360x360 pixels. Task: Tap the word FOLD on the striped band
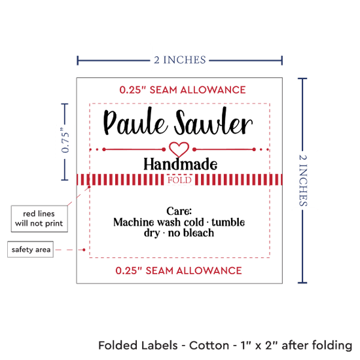click(179, 180)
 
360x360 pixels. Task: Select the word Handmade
click(181, 164)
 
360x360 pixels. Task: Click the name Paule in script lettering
click(135, 122)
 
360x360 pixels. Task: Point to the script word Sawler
click(213, 122)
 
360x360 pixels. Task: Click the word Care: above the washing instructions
click(179, 211)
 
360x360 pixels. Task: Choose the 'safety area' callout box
click(31, 249)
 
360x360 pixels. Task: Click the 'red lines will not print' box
click(39, 219)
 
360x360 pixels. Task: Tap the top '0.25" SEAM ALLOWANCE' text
click(183, 90)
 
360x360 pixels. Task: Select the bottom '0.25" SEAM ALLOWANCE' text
click(179, 270)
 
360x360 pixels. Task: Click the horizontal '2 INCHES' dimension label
click(180, 60)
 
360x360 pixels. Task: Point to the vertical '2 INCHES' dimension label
click(303, 180)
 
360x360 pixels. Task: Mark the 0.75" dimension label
click(65, 140)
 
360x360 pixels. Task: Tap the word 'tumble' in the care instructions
click(228, 222)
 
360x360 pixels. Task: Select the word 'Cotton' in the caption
click(209, 345)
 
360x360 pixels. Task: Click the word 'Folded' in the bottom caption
click(137, 345)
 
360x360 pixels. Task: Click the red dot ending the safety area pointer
click(84, 249)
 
